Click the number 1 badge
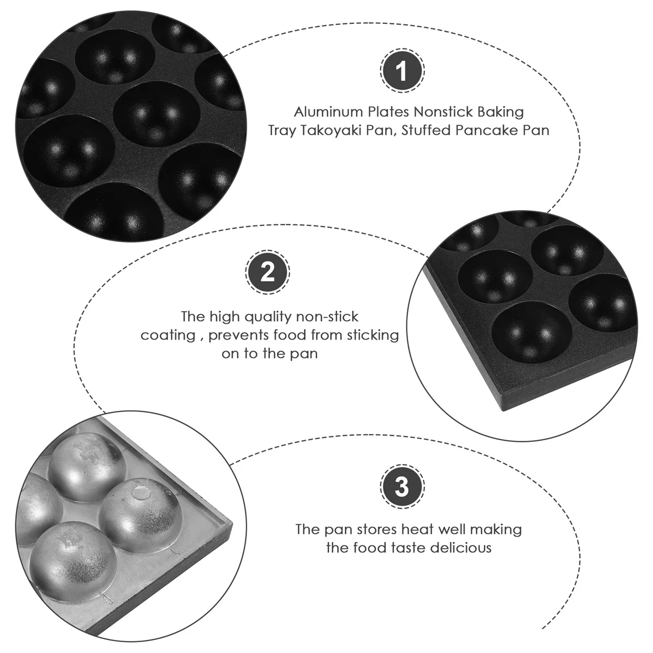(x=402, y=71)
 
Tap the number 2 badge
(x=268, y=272)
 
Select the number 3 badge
(x=402, y=486)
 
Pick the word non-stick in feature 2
(x=329, y=317)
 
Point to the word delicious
(x=461, y=547)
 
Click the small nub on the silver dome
(x=141, y=493)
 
